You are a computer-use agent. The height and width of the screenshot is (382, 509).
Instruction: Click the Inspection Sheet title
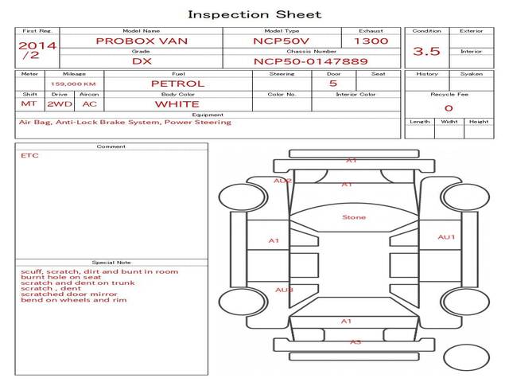tap(254, 14)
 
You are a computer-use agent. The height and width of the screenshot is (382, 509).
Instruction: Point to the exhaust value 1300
tap(371, 41)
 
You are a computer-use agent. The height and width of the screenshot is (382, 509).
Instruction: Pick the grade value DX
tap(141, 60)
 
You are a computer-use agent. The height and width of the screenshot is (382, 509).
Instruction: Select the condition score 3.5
tap(426, 51)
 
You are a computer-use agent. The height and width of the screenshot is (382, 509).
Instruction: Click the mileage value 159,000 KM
tap(73, 83)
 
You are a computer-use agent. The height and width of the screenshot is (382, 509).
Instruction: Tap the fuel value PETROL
tap(177, 83)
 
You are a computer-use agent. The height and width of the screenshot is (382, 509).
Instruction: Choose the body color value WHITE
tap(177, 103)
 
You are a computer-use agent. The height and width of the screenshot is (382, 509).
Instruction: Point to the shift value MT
tap(29, 103)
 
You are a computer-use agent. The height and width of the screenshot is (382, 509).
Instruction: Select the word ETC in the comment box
tap(29, 155)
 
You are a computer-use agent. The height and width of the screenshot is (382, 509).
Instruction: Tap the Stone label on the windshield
tap(354, 217)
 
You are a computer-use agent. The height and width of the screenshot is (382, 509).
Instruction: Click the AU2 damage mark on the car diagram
tap(282, 181)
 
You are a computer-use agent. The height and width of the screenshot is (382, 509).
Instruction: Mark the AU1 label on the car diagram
tap(446, 237)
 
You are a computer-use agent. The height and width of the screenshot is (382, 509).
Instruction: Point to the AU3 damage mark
tap(284, 290)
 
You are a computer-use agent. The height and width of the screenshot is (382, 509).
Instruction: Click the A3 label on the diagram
tap(356, 342)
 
